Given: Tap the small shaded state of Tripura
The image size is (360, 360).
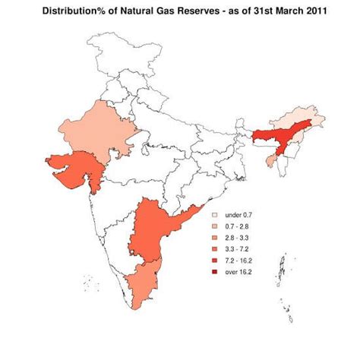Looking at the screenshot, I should click(x=271, y=161).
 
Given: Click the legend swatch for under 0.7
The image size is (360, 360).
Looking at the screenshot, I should click(x=215, y=216).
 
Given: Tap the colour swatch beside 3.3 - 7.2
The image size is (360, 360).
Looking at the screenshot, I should click(x=215, y=249).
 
